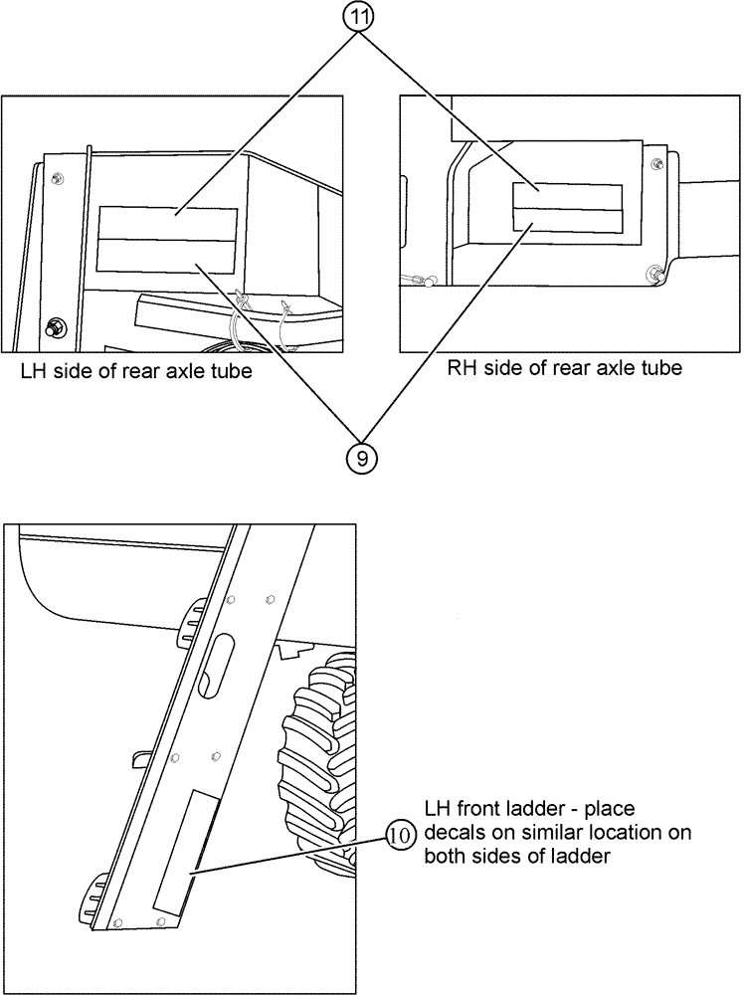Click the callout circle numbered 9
coord(360,458)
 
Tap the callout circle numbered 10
coord(398,836)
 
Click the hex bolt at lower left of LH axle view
coord(53,325)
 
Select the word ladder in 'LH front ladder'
coord(535,808)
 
